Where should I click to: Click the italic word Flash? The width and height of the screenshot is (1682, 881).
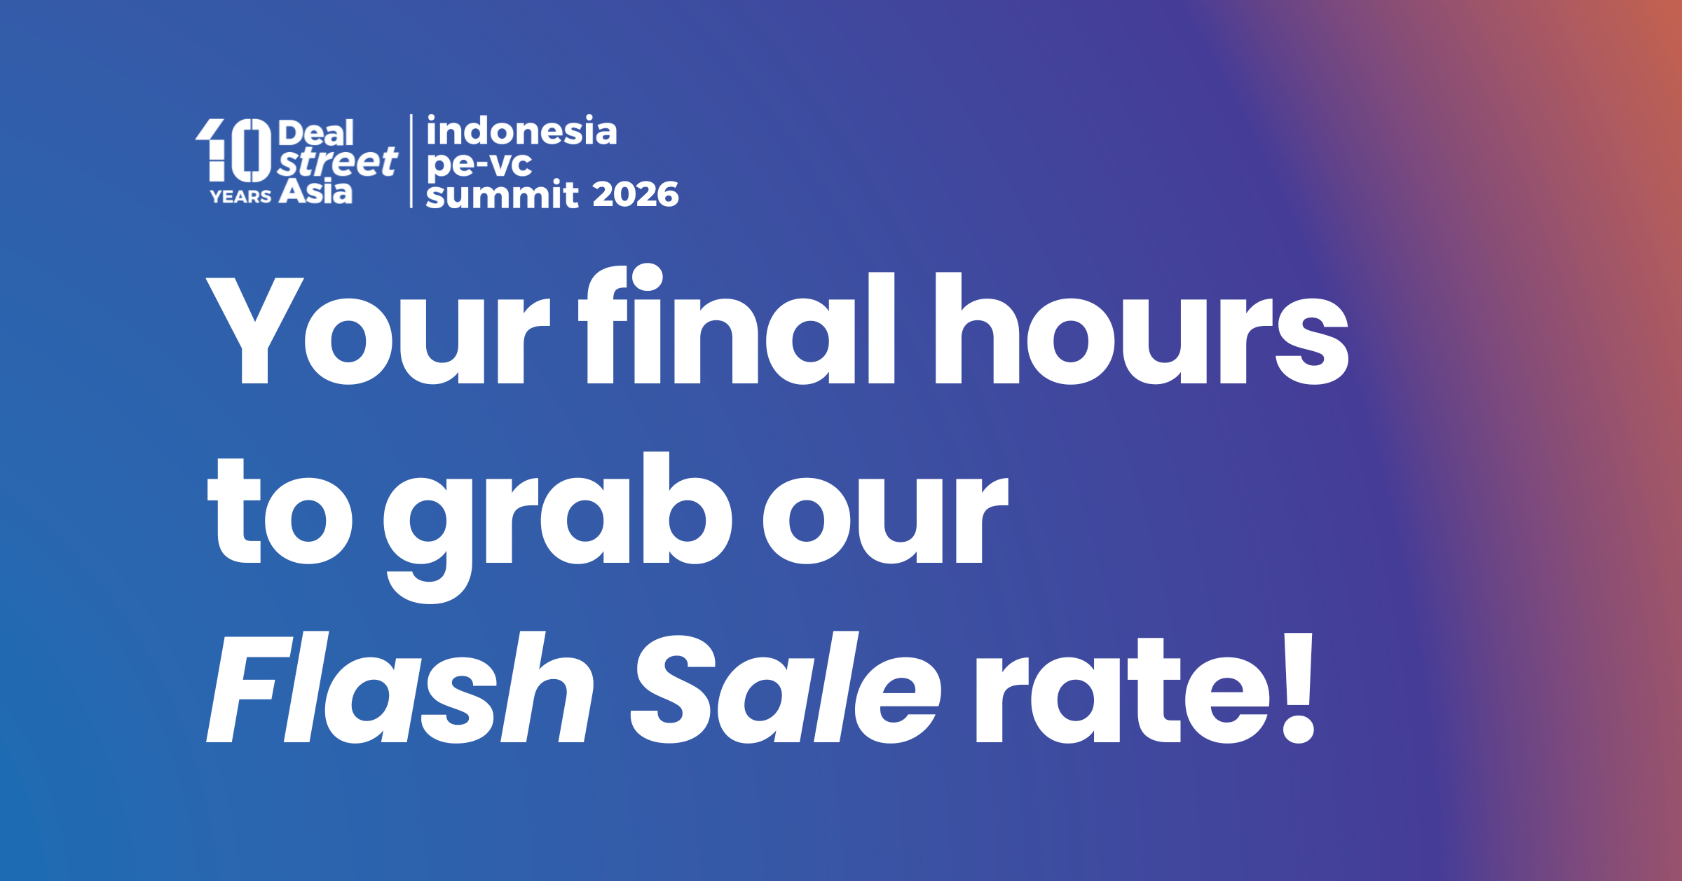click(400, 688)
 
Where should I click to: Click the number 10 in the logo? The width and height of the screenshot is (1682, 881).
click(233, 150)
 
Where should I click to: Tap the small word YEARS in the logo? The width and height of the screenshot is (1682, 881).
click(240, 197)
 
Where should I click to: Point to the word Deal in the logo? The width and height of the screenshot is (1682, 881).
click(316, 133)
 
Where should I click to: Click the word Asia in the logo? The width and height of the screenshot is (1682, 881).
click(315, 191)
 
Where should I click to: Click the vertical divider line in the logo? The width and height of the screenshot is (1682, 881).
click(411, 161)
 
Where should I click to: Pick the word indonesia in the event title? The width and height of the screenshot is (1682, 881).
click(521, 131)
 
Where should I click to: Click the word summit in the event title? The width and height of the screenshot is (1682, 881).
click(502, 194)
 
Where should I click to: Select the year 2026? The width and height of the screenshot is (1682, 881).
click(636, 194)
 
